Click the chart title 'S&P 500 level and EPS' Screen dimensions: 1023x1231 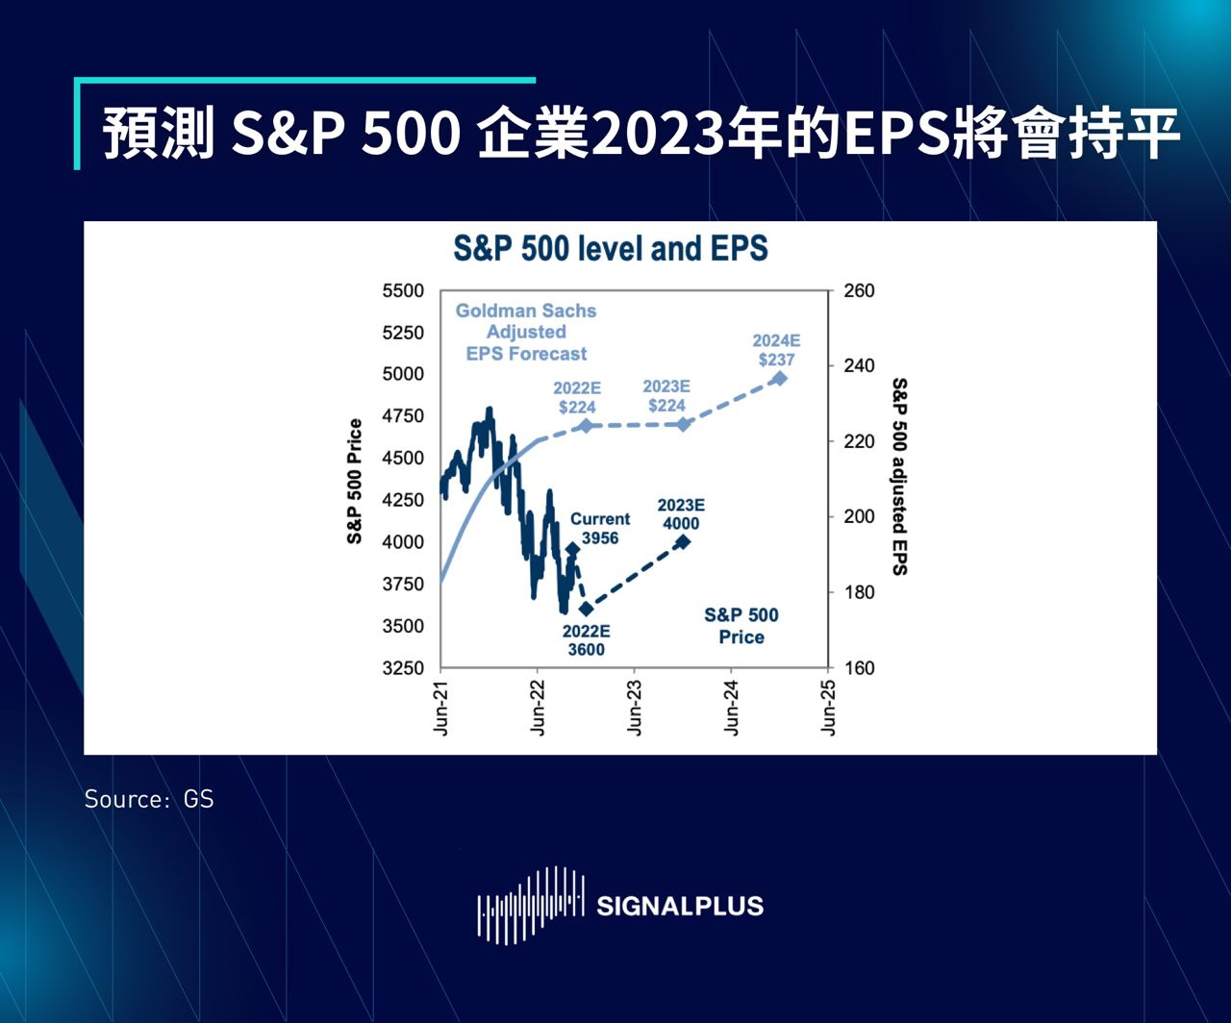pyautogui.click(x=611, y=249)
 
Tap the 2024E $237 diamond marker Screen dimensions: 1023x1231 pyautogui.click(x=779, y=378)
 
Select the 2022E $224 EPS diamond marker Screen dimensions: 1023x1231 pyautogui.click(x=585, y=425)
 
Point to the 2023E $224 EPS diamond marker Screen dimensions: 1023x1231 pyautogui.click(x=684, y=424)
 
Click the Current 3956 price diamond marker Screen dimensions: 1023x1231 pyautogui.click(x=573, y=550)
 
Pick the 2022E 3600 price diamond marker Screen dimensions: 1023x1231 pyautogui.click(x=586, y=609)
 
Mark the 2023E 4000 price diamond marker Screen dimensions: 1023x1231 pyautogui.click(x=683, y=542)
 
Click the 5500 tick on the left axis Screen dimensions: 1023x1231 pyautogui.click(x=403, y=291)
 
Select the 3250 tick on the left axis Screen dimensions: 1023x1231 pyautogui.click(x=403, y=668)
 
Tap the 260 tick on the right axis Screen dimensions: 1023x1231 pyautogui.click(x=859, y=291)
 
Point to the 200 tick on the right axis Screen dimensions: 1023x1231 pyautogui.click(x=859, y=517)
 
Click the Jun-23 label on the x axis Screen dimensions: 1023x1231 pyautogui.click(x=635, y=708)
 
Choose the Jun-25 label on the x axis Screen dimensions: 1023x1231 pyautogui.click(x=828, y=708)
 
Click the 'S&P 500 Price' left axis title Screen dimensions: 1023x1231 pyautogui.click(x=355, y=481)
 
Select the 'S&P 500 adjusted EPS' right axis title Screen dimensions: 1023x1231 pyautogui.click(x=899, y=477)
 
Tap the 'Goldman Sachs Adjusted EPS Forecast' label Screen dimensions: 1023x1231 pyautogui.click(x=526, y=333)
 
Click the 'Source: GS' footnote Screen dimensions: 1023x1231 pyautogui.click(x=149, y=799)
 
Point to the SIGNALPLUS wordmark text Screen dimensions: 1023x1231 pyautogui.click(x=680, y=906)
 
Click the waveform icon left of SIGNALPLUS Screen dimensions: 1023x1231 pyautogui.click(x=531, y=905)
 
